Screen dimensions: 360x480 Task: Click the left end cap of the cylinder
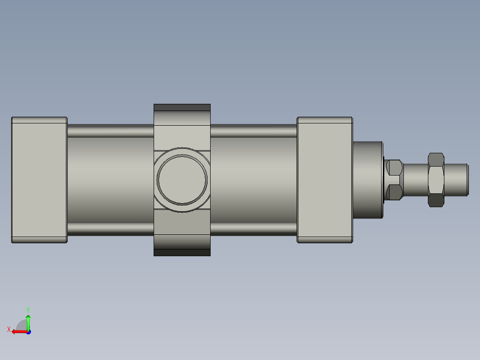(39, 180)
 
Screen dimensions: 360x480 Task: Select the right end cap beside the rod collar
(325, 180)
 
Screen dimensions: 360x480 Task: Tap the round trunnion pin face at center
(182, 180)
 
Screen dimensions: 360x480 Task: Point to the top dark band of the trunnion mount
(182, 107)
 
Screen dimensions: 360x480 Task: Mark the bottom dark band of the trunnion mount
(182, 253)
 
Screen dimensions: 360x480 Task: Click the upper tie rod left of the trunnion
(110, 131)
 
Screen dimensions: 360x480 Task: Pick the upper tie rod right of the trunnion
(253, 131)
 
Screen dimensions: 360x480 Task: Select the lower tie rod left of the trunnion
(110, 229)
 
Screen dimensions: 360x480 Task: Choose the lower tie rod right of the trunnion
(253, 229)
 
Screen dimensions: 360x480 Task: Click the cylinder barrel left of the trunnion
(110, 180)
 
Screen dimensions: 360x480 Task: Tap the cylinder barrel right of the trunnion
(253, 180)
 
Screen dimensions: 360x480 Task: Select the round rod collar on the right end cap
(367, 180)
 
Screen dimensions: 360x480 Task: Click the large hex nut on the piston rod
(436, 180)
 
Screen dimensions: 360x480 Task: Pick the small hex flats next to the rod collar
(395, 180)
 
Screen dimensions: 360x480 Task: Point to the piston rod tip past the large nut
(456, 180)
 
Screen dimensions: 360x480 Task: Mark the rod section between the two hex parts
(415, 180)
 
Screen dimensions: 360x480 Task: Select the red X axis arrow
(18, 331)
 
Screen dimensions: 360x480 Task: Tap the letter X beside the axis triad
(8, 329)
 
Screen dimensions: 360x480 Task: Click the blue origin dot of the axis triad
(28, 332)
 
